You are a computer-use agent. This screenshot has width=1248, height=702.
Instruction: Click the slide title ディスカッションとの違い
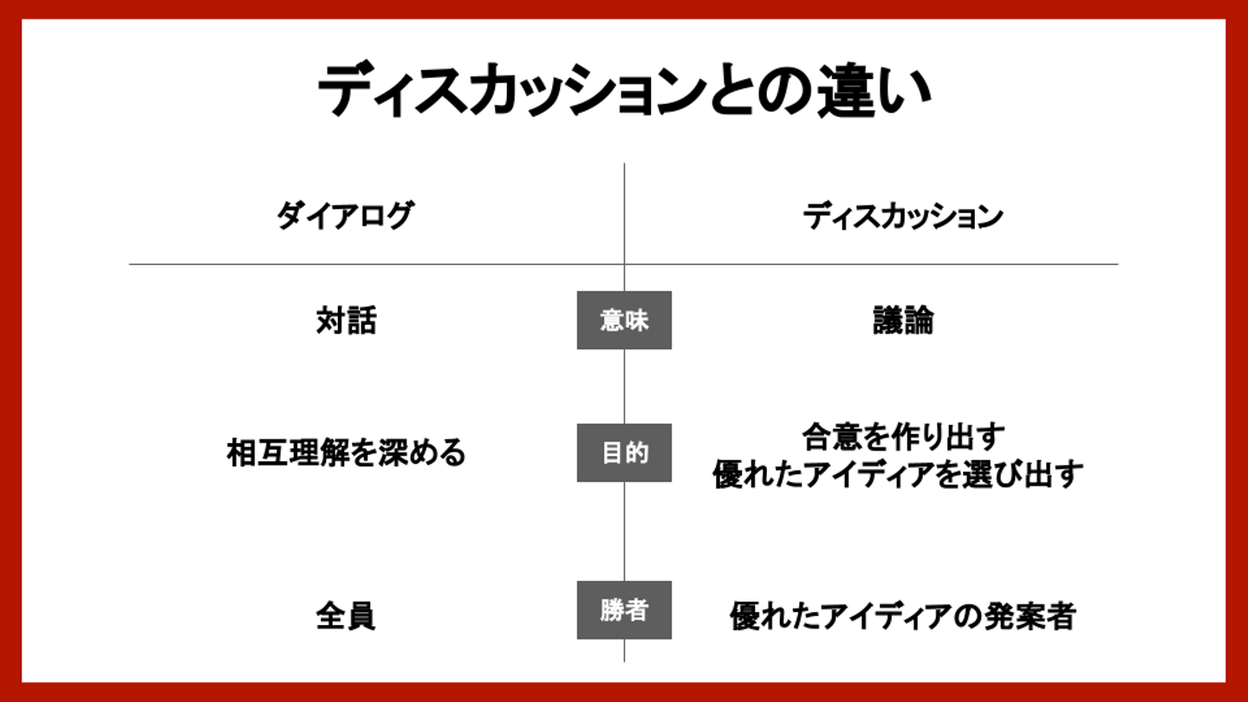pos(623,91)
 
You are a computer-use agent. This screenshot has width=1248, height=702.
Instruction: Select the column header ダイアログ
pos(345,216)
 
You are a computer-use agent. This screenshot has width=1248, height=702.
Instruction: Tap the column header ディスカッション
pos(902,216)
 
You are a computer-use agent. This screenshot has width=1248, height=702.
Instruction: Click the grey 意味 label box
pos(624,321)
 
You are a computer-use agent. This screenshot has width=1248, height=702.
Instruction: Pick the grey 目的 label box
pos(624,452)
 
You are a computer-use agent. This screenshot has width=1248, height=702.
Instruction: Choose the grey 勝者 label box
pos(624,610)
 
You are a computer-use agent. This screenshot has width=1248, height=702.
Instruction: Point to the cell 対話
pos(346,322)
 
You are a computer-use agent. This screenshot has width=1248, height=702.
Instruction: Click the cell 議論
pos(902,322)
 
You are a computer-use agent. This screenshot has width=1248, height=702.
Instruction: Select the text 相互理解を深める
pos(346,453)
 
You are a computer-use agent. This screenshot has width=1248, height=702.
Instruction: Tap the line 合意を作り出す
pos(902,436)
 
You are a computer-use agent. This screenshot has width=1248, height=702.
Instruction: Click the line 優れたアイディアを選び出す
pos(898,474)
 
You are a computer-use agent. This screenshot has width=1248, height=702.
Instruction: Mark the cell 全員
pos(345,616)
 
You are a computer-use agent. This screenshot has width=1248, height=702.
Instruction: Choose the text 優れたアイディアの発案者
pos(902,616)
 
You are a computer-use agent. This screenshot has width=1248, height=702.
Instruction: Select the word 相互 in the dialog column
pos(256,453)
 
